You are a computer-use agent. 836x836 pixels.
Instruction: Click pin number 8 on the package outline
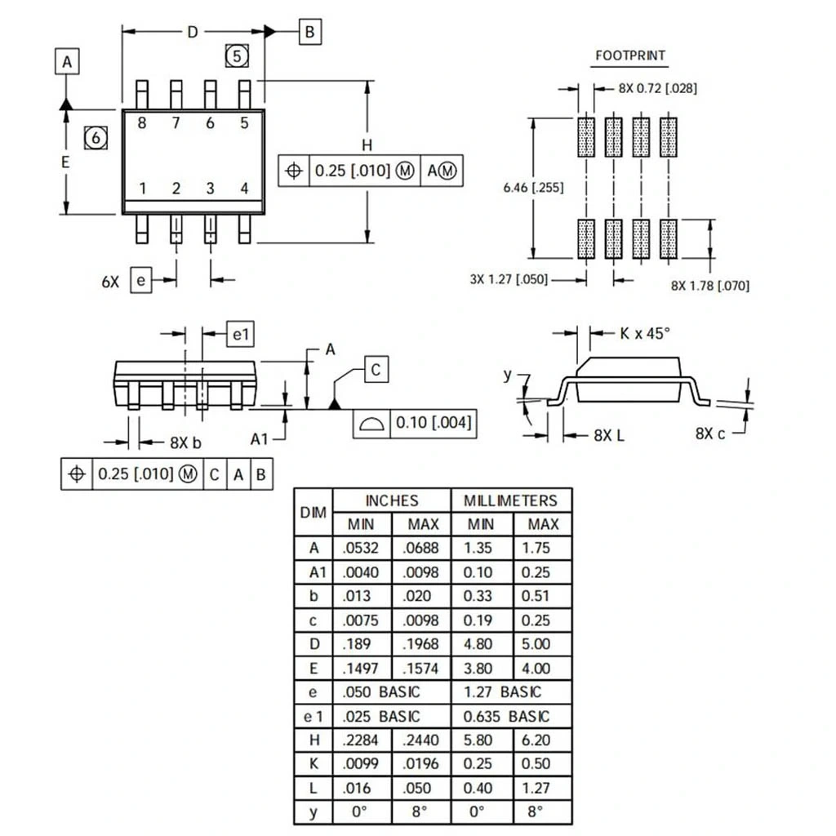(x=142, y=123)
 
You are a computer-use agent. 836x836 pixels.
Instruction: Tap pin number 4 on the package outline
(x=244, y=189)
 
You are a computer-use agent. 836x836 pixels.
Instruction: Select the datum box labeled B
(x=309, y=32)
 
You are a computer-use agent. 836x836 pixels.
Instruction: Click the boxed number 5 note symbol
(x=236, y=56)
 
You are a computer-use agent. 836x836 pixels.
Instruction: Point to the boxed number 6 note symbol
(x=96, y=138)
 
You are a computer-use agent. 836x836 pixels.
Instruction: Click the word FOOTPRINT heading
(x=629, y=56)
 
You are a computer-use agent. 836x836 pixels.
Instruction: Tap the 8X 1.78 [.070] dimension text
(x=709, y=285)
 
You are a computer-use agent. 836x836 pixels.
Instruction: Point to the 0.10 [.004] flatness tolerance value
(x=433, y=423)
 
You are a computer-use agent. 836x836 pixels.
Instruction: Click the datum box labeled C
(x=375, y=370)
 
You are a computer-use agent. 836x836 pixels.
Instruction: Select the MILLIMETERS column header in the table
(x=510, y=500)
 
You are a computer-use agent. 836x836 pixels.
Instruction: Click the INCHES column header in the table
(x=391, y=500)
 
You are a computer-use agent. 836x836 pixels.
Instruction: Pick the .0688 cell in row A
(x=421, y=548)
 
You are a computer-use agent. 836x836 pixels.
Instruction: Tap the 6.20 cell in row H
(x=543, y=740)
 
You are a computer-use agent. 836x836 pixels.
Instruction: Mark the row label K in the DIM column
(x=313, y=764)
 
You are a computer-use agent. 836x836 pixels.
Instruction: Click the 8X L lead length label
(x=609, y=435)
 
